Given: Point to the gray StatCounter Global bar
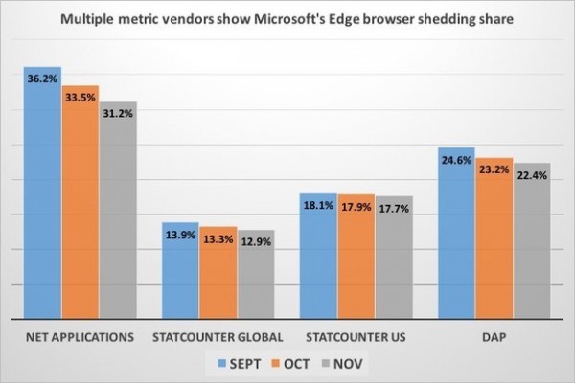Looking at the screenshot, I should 255,278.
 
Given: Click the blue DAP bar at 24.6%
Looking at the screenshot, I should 456,235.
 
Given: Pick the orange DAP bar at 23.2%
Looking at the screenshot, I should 494,239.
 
